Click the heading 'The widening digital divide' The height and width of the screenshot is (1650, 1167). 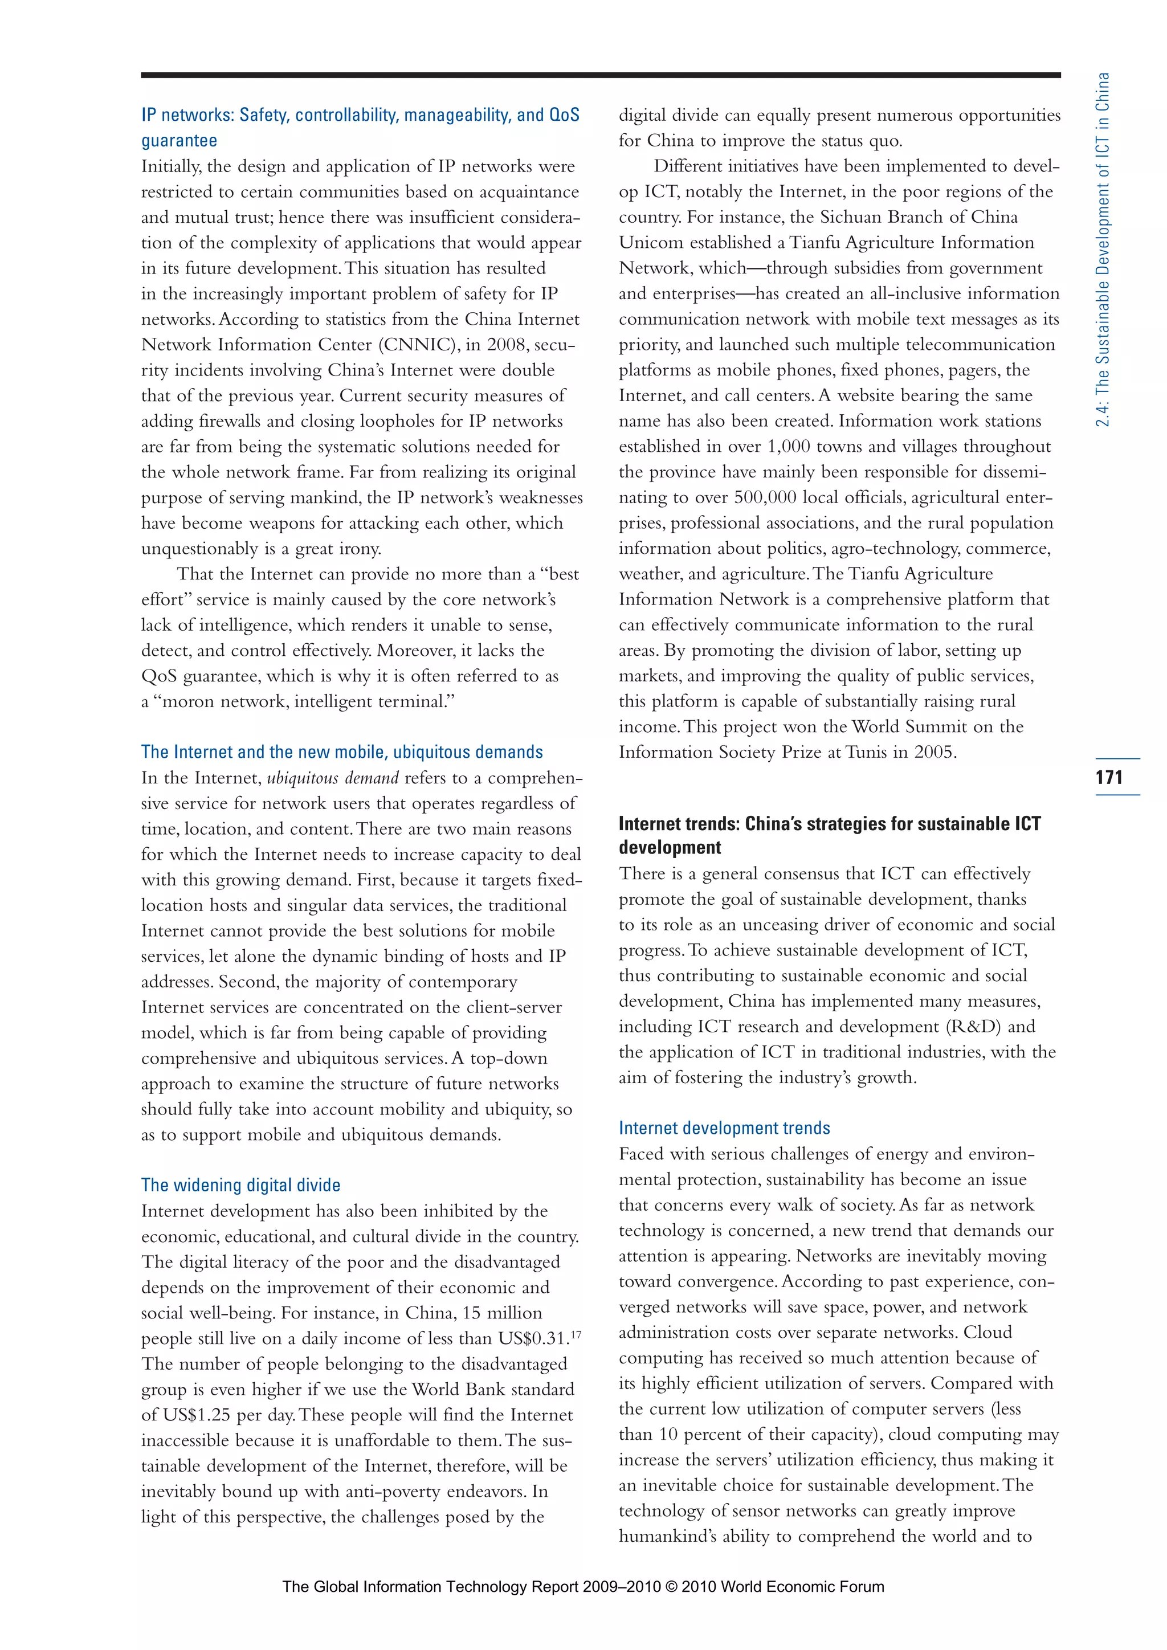tap(240, 1185)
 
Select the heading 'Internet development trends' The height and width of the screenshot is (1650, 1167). tap(724, 1128)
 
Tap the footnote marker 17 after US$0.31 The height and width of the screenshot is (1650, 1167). tap(576, 1334)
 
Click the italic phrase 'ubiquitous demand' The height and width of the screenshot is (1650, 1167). tap(332, 778)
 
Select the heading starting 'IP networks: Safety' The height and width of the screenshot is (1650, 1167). tap(360, 116)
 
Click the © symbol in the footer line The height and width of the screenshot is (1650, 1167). tap(671, 1587)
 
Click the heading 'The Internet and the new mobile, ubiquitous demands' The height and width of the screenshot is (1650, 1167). tap(341, 752)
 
